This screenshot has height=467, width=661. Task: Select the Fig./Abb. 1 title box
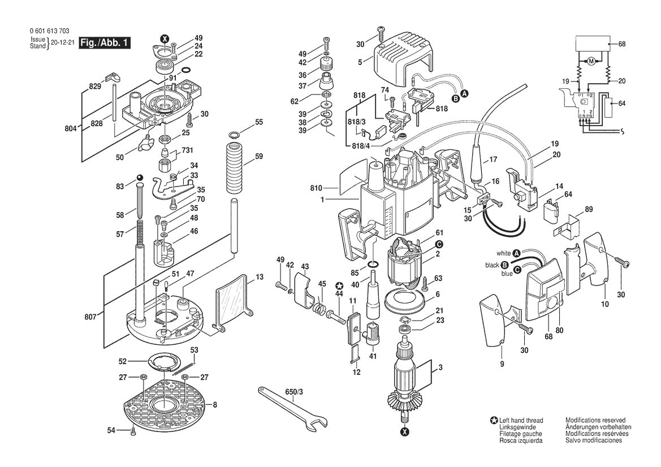click(105, 42)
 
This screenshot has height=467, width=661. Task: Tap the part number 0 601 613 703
click(49, 31)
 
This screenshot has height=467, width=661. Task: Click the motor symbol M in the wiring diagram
click(591, 61)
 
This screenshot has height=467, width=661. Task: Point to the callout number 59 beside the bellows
click(259, 157)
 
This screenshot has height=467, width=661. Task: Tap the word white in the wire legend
click(503, 253)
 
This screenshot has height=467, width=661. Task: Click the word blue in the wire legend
click(507, 274)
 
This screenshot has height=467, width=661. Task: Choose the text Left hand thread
click(521, 420)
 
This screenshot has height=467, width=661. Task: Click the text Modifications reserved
click(595, 420)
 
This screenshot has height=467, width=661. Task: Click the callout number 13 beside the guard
click(260, 277)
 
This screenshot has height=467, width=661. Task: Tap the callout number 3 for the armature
click(440, 367)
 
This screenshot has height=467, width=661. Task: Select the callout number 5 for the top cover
click(360, 62)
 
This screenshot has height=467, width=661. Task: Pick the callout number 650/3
click(294, 392)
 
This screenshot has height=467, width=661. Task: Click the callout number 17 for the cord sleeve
click(493, 160)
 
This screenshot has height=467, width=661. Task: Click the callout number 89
click(589, 210)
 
